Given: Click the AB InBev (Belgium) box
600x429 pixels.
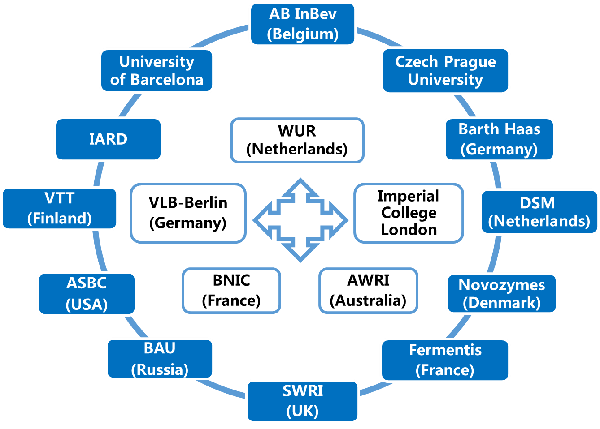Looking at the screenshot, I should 303,24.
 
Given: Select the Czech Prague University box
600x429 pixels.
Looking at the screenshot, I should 445,70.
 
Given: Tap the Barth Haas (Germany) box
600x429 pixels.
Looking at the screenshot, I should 499,139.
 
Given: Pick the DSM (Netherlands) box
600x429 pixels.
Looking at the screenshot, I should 539,212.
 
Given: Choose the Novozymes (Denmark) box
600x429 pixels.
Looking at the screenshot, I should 502,294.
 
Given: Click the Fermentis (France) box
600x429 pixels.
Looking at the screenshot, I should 445,360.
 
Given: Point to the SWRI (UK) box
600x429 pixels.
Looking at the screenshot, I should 303,401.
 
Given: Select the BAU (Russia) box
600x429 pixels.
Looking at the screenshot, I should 160,359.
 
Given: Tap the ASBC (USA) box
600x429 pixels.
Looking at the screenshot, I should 87,294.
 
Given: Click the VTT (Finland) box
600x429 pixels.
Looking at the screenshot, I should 60,209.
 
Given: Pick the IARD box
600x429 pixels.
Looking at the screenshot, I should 108,139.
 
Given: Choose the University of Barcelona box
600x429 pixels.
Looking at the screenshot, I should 157,70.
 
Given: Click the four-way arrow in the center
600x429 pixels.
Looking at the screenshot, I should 300,220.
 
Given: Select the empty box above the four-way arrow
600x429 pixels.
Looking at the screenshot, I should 297,140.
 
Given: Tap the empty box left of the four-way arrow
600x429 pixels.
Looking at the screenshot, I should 188,213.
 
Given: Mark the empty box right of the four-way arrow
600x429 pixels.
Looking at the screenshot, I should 409,213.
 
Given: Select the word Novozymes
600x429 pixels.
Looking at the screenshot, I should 502,285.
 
